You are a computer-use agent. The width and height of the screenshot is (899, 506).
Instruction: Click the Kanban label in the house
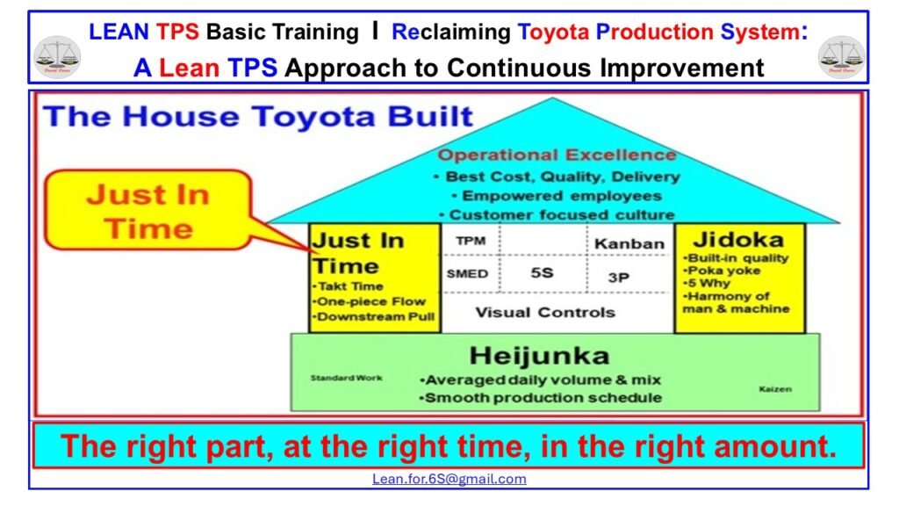(629, 243)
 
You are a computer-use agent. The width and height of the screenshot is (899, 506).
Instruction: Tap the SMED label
(467, 274)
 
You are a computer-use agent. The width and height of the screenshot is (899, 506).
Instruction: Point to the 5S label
(541, 274)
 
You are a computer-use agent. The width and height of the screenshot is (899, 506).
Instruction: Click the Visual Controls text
(544, 312)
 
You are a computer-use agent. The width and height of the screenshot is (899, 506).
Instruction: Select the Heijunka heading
(538, 356)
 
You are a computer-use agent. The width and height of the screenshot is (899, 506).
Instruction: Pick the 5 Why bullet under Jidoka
(708, 283)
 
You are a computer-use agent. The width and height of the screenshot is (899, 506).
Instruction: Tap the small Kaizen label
(774, 387)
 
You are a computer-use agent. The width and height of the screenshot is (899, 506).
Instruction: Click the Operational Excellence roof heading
(557, 155)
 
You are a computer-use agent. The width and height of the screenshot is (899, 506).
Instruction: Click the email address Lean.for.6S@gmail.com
(449, 479)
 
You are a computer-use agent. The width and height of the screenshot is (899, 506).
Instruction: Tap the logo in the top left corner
(56, 55)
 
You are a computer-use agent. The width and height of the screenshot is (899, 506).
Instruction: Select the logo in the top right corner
(840, 55)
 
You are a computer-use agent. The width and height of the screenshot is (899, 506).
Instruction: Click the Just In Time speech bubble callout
(147, 212)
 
